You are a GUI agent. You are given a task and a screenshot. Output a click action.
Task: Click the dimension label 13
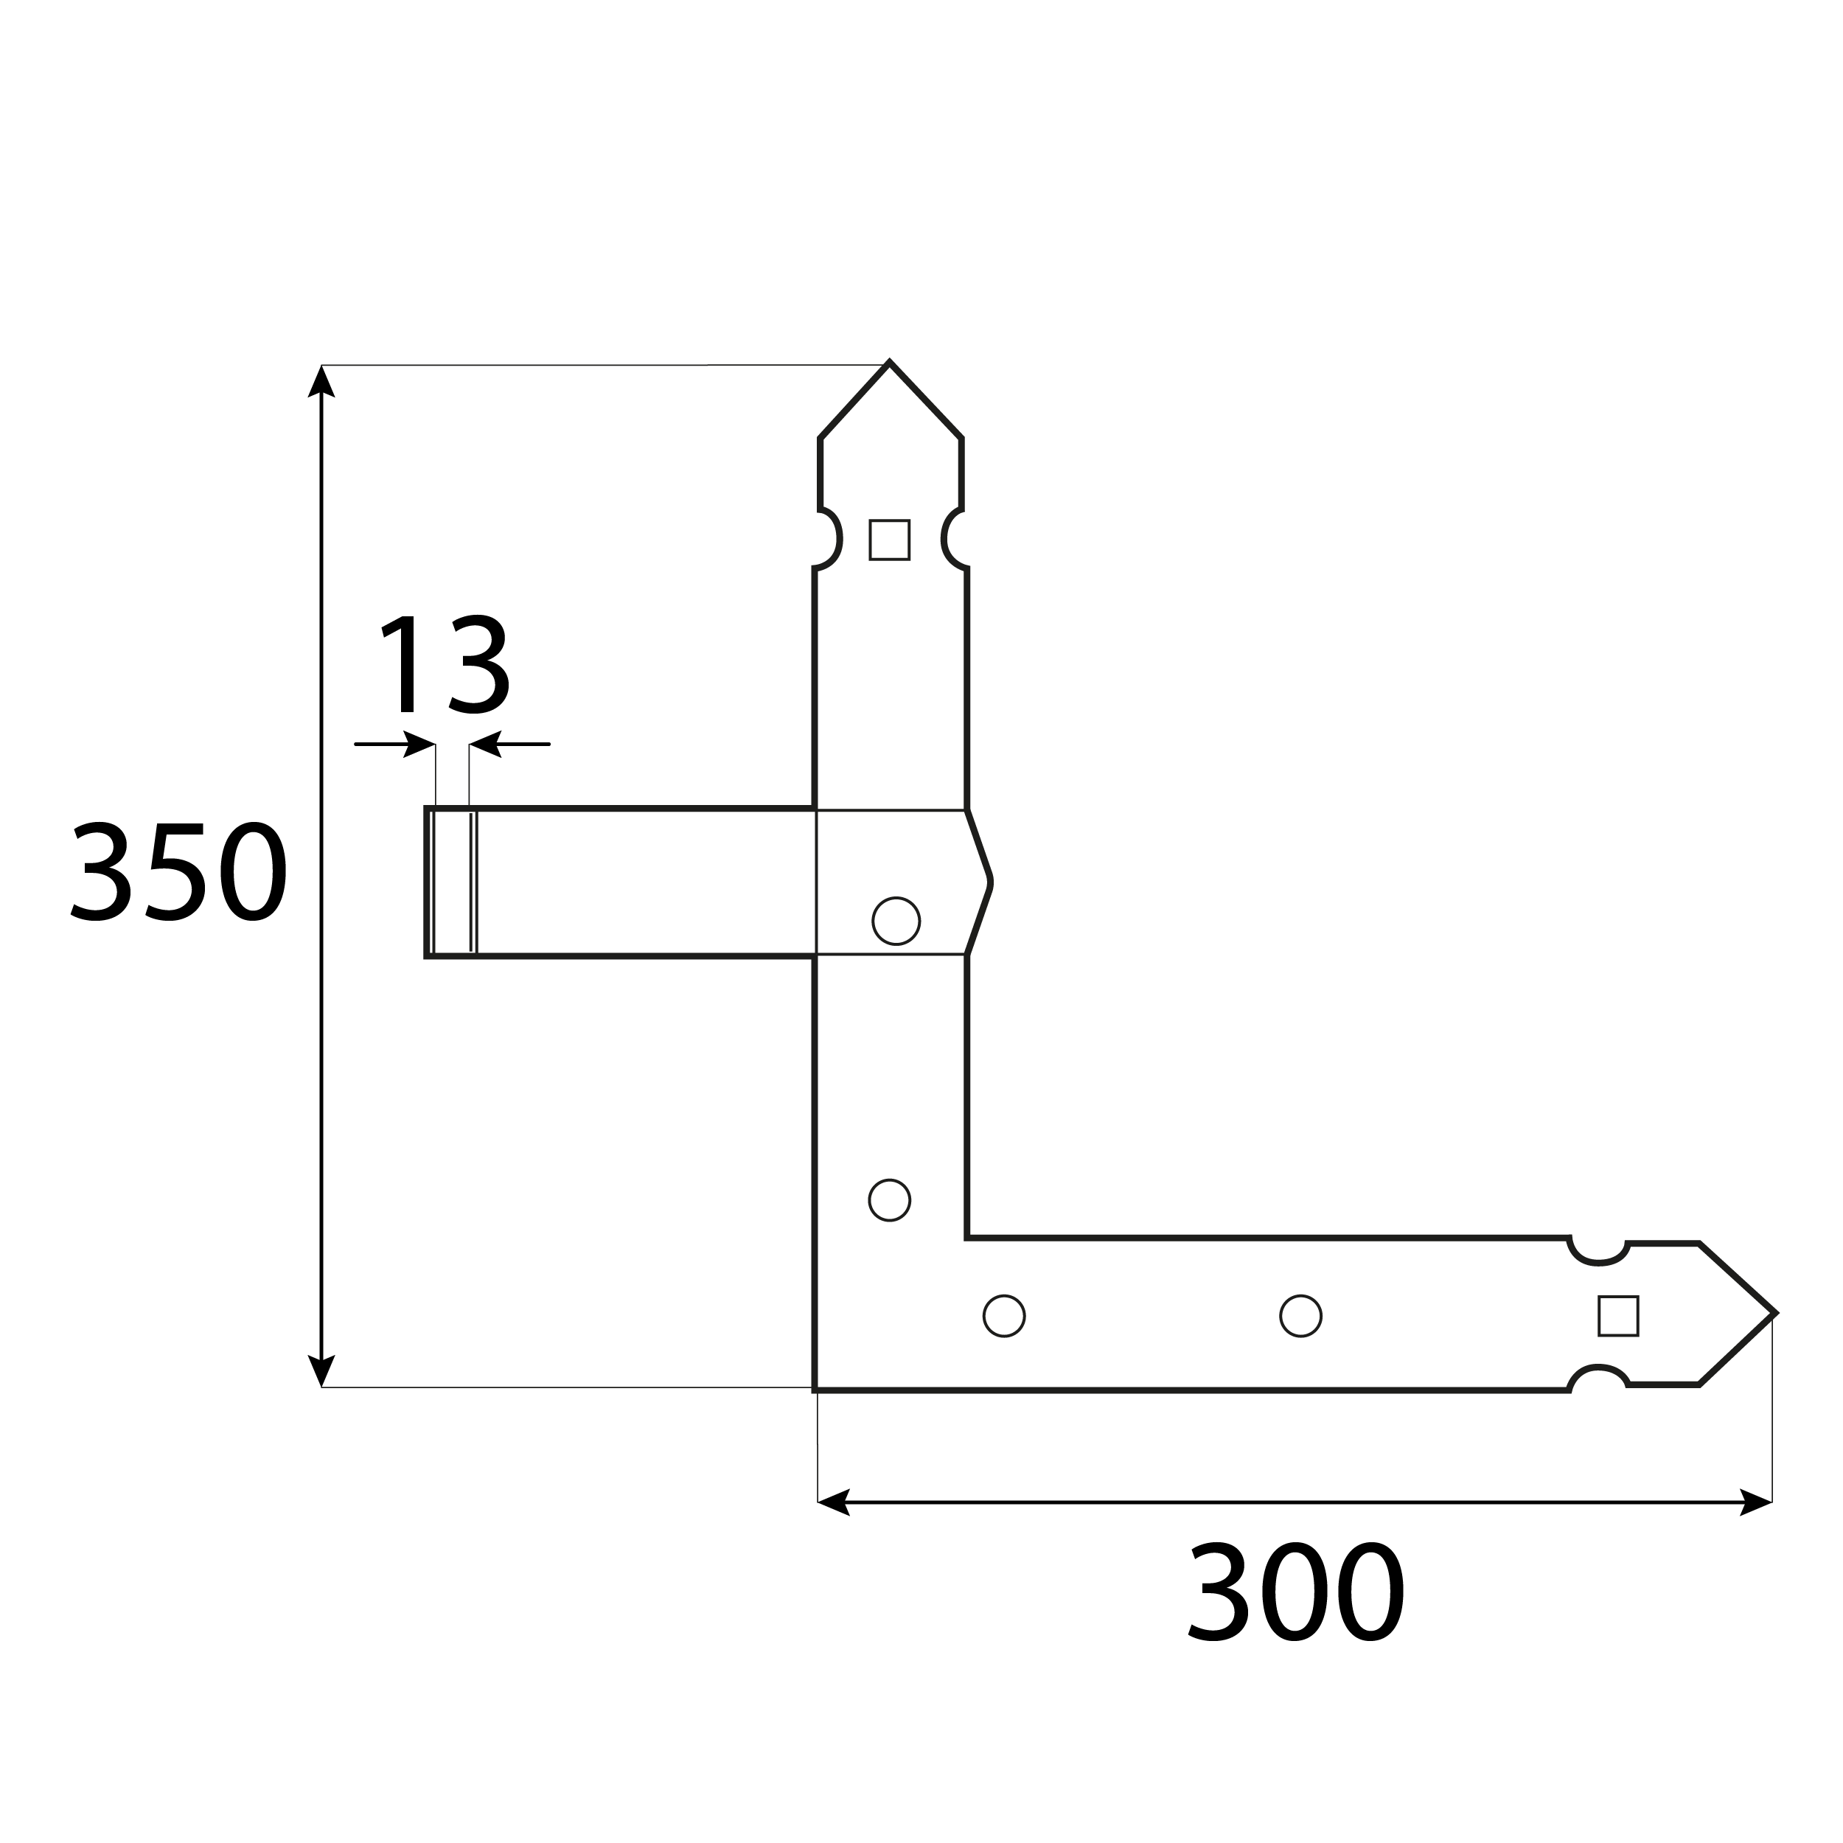click(x=445, y=664)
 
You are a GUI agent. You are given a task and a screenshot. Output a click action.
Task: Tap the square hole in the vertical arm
click(x=889, y=540)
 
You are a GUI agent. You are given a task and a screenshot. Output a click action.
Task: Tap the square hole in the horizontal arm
click(x=1618, y=1315)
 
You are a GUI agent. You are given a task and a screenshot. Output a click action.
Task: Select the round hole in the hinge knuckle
click(x=896, y=921)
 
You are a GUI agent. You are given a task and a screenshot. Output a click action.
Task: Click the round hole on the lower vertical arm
click(x=889, y=1200)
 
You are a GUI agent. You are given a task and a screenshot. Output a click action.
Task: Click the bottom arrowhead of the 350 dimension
click(x=321, y=1370)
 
